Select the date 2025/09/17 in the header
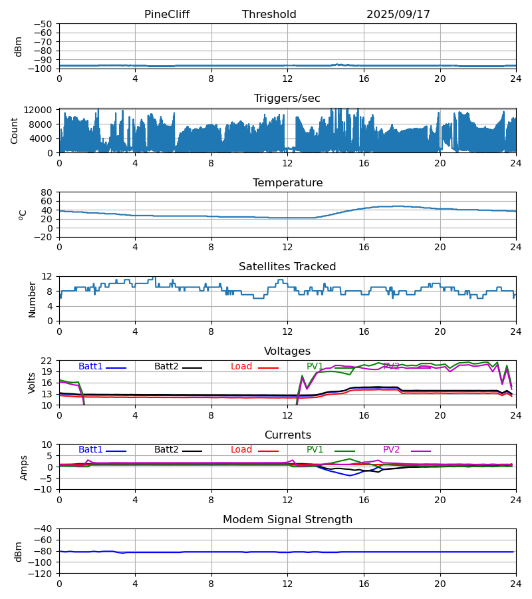(398, 15)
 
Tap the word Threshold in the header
(269, 15)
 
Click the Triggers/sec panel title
(287, 99)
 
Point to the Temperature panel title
(287, 183)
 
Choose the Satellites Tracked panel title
(287, 267)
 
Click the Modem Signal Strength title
(287, 520)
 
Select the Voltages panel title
(287, 351)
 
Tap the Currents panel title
(287, 435)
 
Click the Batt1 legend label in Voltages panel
(90, 367)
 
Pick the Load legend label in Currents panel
(241, 450)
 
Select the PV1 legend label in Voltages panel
(315, 367)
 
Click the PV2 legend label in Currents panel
(391, 450)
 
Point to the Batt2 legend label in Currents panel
(166, 450)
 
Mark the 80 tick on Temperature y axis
(47, 192)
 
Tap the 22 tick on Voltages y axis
(47, 361)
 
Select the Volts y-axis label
(32, 383)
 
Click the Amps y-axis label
(25, 467)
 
